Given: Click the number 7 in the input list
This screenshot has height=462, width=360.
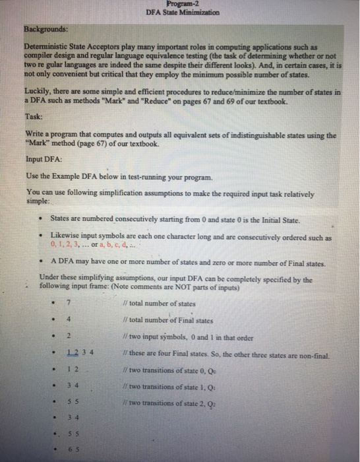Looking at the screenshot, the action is click(69, 304).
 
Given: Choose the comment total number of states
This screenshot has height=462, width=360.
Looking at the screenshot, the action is click(162, 304).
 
